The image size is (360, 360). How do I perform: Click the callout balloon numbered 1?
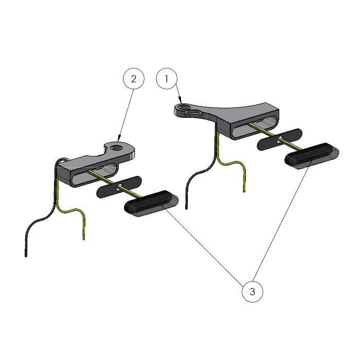pos(167,79)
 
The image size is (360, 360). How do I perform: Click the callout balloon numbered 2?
pos(134,79)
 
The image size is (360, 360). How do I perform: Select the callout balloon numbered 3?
pos(253,292)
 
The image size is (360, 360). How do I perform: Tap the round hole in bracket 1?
pos(183,107)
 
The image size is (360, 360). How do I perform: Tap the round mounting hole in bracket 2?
pos(117,148)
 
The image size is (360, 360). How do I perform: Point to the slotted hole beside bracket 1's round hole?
pos(194,112)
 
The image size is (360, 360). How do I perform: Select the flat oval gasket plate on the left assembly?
pos(119,187)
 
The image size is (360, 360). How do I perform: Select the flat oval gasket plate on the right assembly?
pos(280,139)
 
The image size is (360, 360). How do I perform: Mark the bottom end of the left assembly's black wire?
pos(26,256)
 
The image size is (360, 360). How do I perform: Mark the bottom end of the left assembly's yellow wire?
pos(83,239)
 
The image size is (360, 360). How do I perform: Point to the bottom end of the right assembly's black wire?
pos(186,208)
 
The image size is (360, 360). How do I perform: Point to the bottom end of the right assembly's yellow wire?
pos(244,191)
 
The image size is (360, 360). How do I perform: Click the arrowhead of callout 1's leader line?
pos(181,101)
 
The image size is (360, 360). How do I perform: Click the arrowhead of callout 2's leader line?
pos(119,138)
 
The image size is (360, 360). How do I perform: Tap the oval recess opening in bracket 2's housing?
pos(95,174)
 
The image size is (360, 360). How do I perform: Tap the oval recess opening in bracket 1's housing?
pos(255,127)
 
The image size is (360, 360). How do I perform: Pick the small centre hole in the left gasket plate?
pos(119,188)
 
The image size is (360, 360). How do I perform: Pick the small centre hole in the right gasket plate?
pos(280,139)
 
